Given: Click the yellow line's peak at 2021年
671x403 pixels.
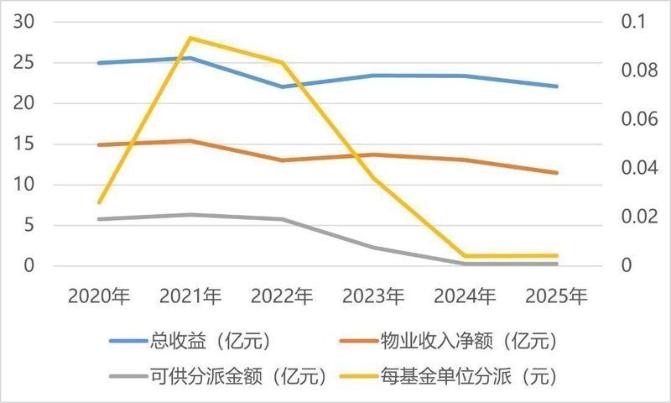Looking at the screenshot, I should [x=190, y=38].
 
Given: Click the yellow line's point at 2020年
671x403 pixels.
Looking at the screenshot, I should [x=99, y=202].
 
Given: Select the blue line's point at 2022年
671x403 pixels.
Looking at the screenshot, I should [x=282, y=86].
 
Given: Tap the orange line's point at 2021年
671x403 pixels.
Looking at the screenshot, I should [x=190, y=141].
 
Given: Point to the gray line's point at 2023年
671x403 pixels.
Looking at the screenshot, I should [x=373, y=248].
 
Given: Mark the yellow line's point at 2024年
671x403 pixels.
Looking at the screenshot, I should [x=465, y=256].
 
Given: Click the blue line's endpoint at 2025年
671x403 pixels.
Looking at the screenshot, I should [x=556, y=86].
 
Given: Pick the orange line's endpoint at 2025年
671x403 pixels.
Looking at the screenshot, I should [x=556, y=173].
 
